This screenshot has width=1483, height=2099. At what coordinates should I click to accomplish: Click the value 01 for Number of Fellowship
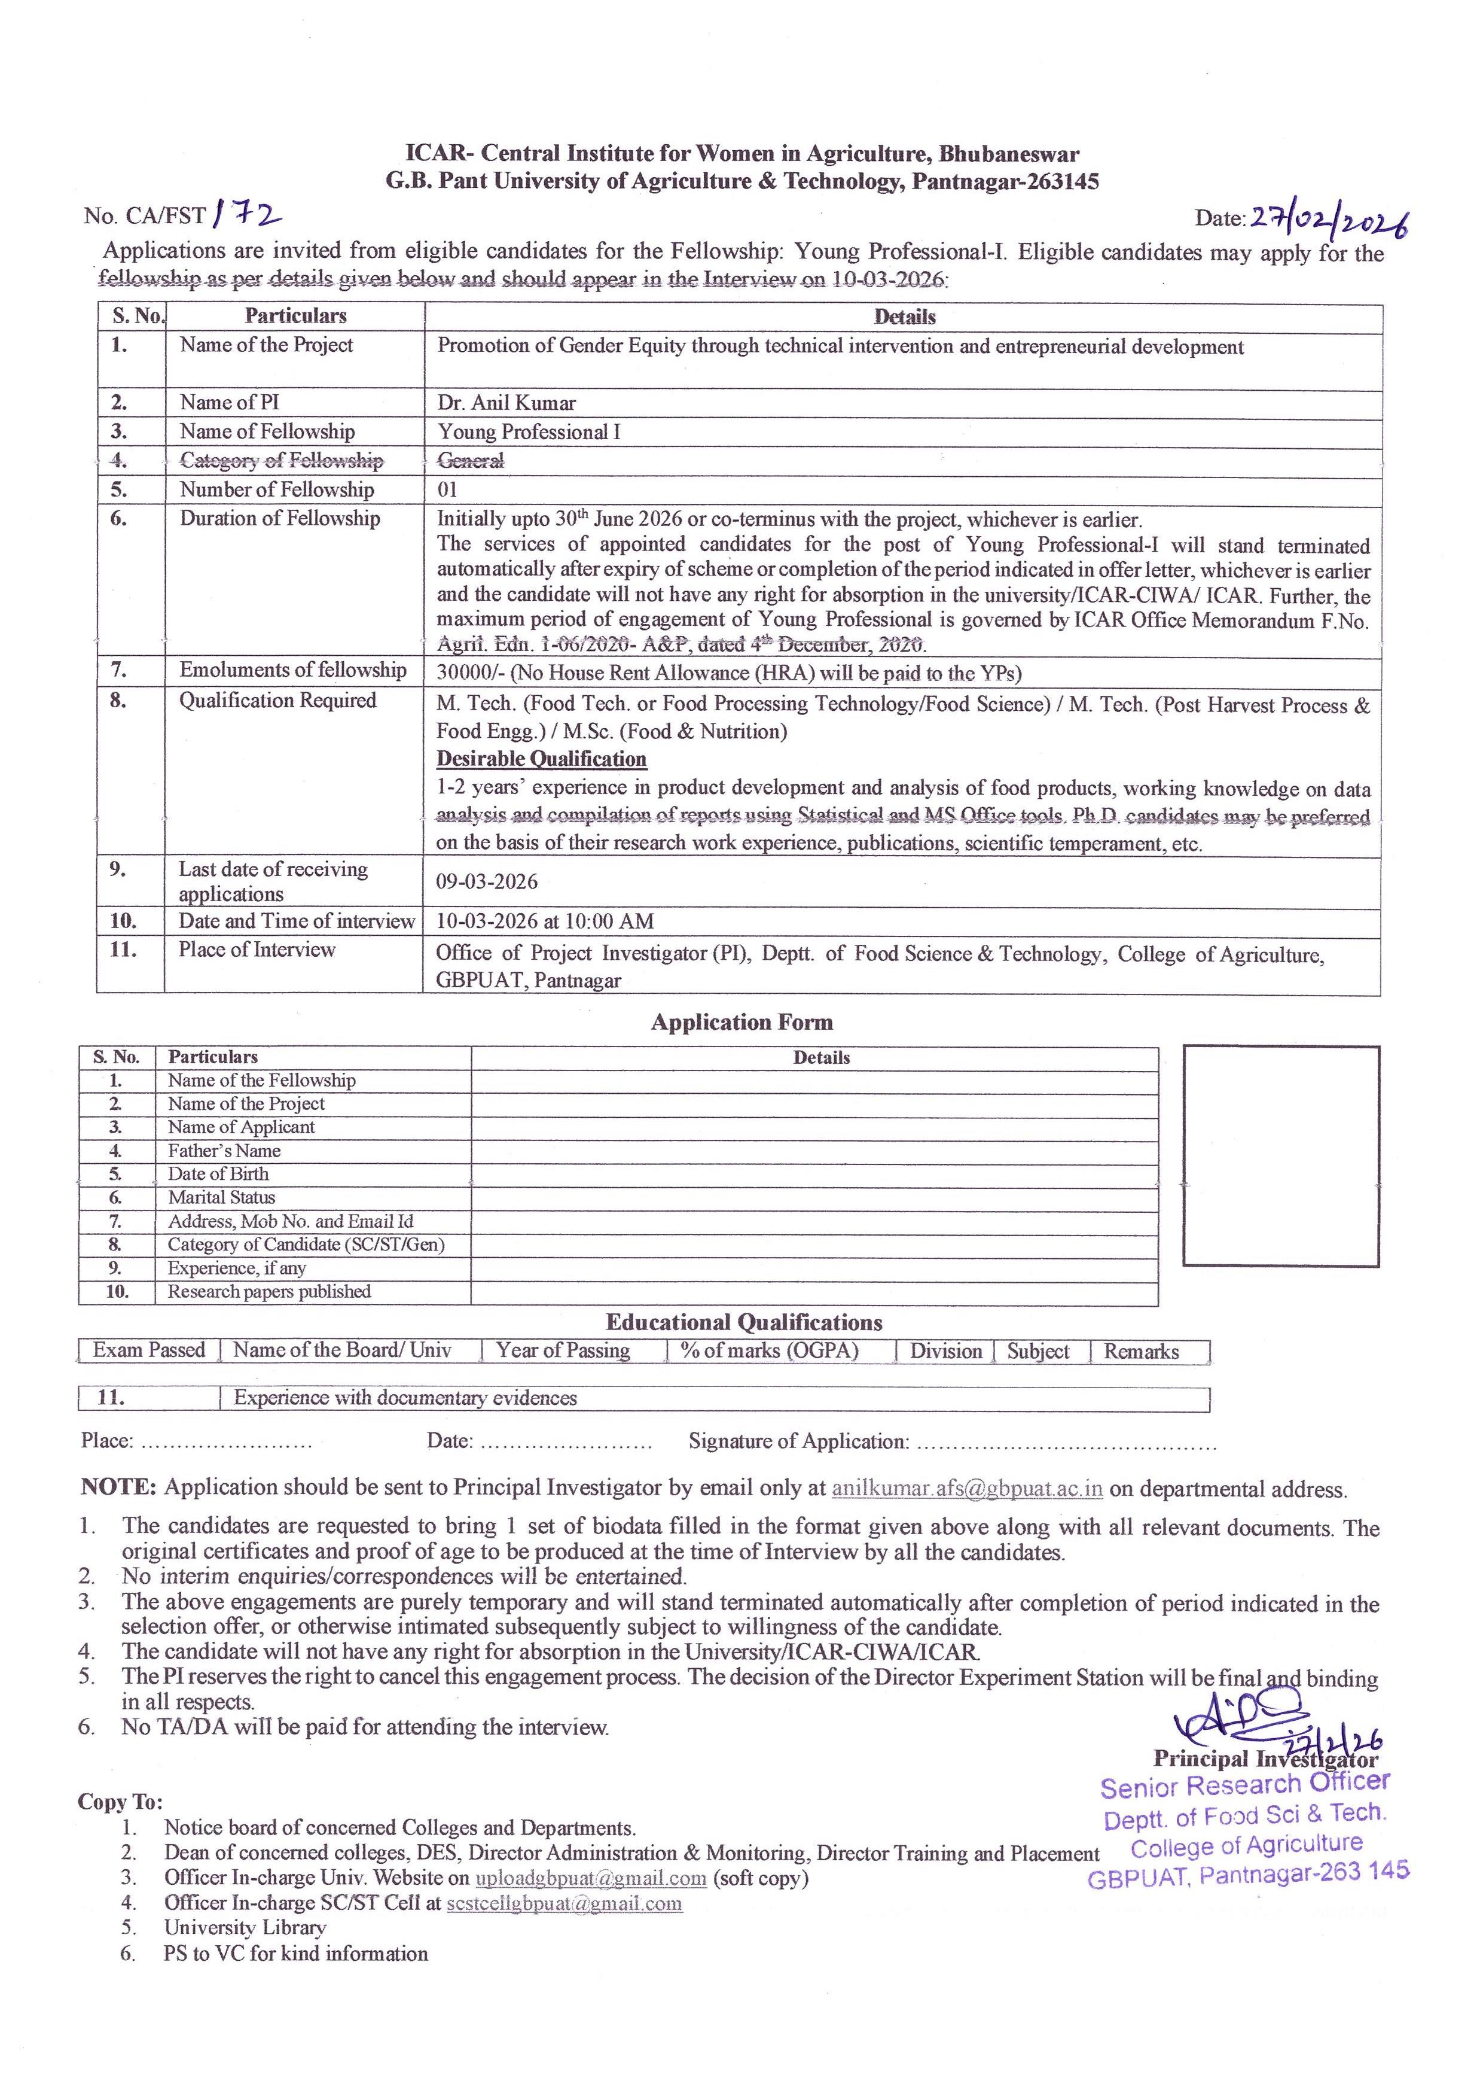click(447, 490)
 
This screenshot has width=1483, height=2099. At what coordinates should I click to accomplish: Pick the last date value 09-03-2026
click(486, 882)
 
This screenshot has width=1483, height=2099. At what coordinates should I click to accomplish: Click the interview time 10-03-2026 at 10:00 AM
click(545, 921)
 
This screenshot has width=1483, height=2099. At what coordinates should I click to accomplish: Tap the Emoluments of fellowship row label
click(292, 670)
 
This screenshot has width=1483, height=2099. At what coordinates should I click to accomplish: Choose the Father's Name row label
click(224, 1151)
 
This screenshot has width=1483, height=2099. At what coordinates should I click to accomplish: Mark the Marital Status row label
click(221, 1198)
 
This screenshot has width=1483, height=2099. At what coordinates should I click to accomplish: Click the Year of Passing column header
click(563, 1350)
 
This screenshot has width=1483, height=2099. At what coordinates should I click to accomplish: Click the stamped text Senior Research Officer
click(1244, 1785)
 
